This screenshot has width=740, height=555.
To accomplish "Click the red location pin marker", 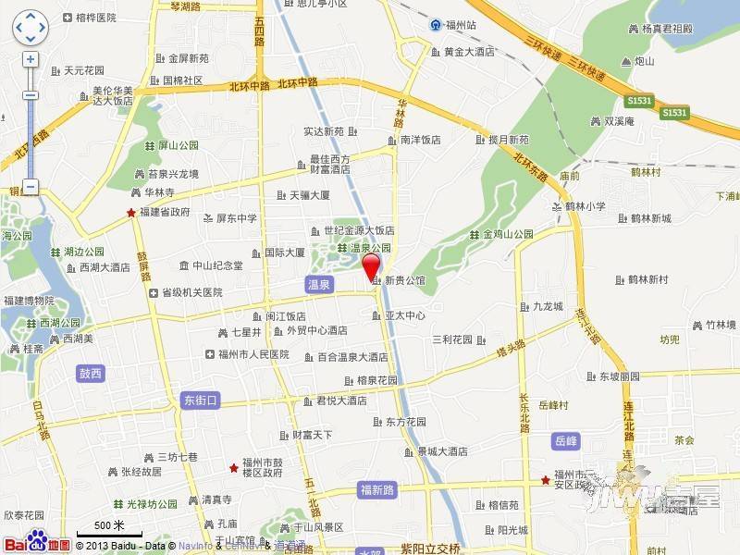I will (x=371, y=266).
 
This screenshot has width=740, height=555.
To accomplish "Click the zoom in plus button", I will (x=31, y=59).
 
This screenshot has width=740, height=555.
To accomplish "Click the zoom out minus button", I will (x=31, y=186).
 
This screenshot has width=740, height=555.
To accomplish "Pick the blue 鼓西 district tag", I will (x=91, y=373).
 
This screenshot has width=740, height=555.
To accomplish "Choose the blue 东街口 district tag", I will (x=199, y=401).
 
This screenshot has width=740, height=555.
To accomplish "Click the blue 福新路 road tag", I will (x=377, y=489).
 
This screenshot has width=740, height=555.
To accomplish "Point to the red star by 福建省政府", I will (x=131, y=212).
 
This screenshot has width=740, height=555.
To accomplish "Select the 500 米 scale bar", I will (x=104, y=527).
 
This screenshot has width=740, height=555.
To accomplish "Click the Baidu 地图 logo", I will (x=37, y=542).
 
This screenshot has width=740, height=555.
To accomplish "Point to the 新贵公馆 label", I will (x=404, y=279).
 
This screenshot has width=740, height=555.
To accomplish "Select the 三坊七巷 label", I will (x=176, y=457).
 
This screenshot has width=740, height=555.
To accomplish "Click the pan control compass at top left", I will (x=31, y=28).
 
